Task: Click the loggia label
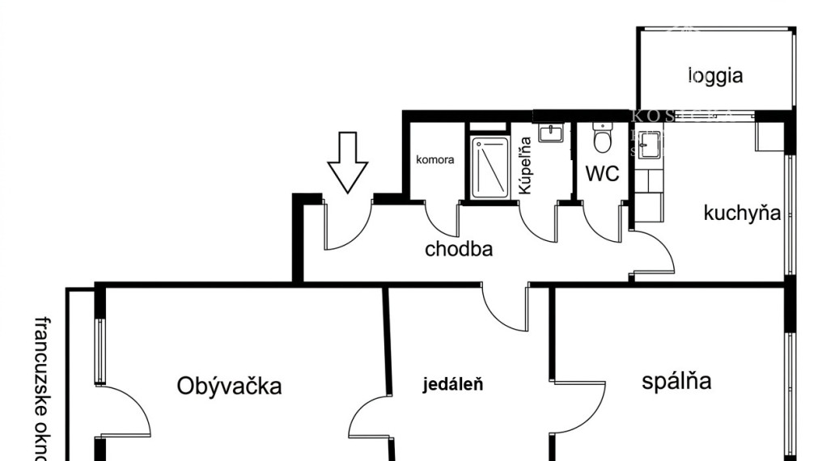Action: [x=715, y=76]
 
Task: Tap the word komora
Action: [x=435, y=159]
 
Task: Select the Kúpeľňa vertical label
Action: [x=525, y=166]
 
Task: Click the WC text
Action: [x=602, y=173]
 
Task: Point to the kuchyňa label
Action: [x=742, y=214]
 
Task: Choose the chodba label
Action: [x=459, y=249]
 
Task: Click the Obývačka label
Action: [x=230, y=386]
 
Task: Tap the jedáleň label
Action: [x=453, y=384]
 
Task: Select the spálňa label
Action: [x=676, y=381]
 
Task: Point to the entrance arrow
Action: [x=348, y=163]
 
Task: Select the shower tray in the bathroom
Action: [x=490, y=167]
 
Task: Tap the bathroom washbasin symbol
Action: [x=551, y=132]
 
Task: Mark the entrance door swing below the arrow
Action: [x=345, y=226]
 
